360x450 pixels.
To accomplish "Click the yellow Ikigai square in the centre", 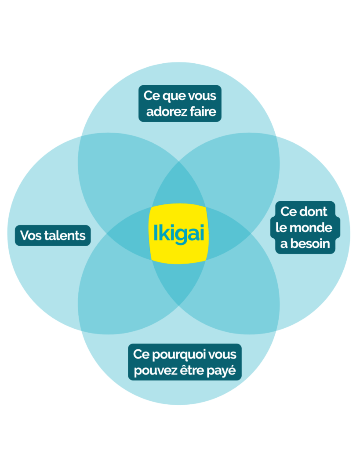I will tap(179, 233).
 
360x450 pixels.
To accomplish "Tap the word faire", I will tap(203, 112).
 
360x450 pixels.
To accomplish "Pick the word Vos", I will tap(31, 236).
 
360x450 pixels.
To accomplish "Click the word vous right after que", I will tap(201, 95).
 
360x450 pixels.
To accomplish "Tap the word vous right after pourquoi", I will tap(222, 354).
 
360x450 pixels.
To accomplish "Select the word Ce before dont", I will tap(288, 212).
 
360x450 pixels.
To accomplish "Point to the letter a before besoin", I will tap(284, 243).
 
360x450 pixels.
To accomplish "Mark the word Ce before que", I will tap(151, 95).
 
